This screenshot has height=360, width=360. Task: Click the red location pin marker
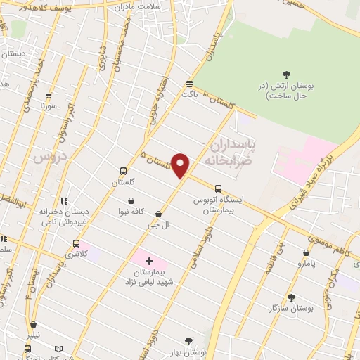click(181, 165)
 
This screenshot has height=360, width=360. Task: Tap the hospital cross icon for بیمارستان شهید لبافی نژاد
click(149, 261)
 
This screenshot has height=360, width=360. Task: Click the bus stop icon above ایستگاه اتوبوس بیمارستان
click(218, 188)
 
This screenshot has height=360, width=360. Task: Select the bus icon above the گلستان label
click(124, 171)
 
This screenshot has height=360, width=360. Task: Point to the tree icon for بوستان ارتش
click(285, 74)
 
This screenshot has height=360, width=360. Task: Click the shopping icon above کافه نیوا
click(131, 200)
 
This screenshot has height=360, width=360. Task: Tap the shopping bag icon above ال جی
click(158, 214)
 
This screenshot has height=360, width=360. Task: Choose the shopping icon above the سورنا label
click(48, 96)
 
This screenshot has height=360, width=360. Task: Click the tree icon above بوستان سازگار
click(291, 297)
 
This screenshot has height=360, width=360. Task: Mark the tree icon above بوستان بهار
click(188, 340)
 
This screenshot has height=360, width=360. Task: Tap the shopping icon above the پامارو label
click(306, 253)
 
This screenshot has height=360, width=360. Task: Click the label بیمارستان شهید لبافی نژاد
click(150, 276)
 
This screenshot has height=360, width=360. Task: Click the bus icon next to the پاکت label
click(188, 82)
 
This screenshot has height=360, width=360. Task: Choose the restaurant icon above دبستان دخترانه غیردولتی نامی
click(64, 201)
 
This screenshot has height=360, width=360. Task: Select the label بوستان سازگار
click(288, 308)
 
